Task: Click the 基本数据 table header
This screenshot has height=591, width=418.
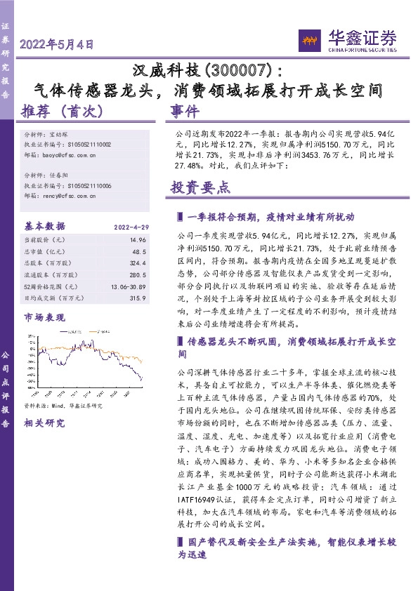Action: [45, 226]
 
